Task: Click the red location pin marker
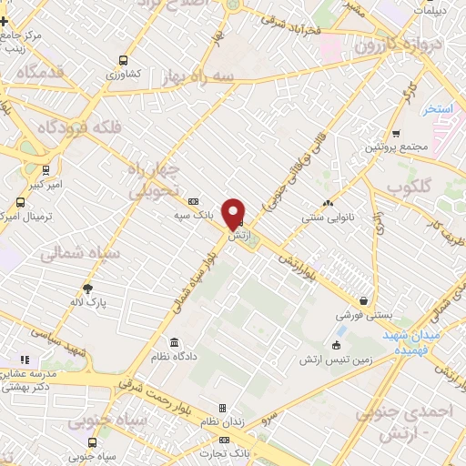coord(235,212)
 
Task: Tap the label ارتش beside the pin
coord(238,236)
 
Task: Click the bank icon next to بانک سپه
coord(193,201)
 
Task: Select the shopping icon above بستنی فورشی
coord(364,299)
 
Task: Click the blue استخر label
coord(439,108)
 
